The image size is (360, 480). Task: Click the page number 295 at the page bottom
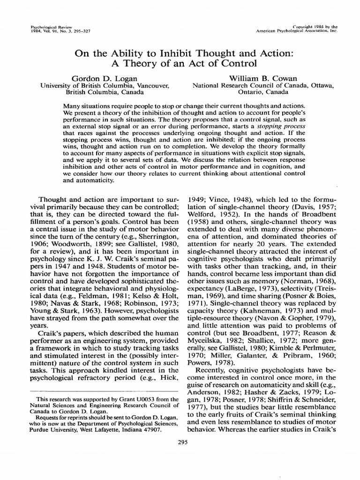180,441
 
